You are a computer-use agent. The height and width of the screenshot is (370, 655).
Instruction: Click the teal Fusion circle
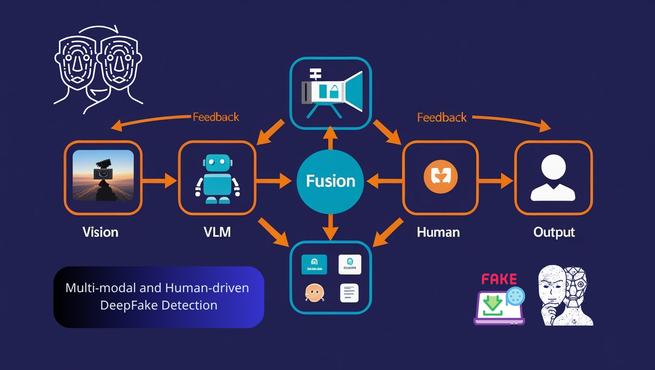[x=330, y=181]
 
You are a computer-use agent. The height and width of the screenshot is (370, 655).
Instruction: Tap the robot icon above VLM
[x=217, y=179]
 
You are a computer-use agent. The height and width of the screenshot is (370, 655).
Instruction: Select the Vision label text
[x=101, y=232]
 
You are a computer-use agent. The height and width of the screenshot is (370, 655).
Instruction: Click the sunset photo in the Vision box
[x=103, y=175]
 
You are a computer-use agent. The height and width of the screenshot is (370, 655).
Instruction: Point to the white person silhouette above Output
[x=553, y=177]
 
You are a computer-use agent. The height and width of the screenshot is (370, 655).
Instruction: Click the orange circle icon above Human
[x=441, y=177]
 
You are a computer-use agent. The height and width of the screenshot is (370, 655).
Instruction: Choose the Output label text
[x=554, y=232]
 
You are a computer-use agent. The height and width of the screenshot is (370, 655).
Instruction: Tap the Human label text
[x=438, y=232]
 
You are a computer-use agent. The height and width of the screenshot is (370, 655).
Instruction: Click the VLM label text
[x=217, y=232]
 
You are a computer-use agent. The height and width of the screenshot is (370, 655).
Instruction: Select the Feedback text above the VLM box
[x=216, y=117]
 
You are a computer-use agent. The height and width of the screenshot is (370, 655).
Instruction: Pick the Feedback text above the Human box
[x=442, y=117]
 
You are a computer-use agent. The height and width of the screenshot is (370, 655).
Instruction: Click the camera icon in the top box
[x=332, y=92]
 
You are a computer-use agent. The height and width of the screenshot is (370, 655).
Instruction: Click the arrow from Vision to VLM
[x=160, y=181]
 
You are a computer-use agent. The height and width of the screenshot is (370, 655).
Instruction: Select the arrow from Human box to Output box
[x=496, y=181]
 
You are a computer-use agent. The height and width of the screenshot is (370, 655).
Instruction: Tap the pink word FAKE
[x=499, y=279]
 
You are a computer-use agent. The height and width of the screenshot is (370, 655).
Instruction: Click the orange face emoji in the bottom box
[x=315, y=293]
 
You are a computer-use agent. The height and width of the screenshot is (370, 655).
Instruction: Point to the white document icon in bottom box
[x=349, y=293]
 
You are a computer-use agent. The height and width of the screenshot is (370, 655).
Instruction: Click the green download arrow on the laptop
[x=493, y=304]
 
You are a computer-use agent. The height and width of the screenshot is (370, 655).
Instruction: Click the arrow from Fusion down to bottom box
[x=330, y=227]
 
